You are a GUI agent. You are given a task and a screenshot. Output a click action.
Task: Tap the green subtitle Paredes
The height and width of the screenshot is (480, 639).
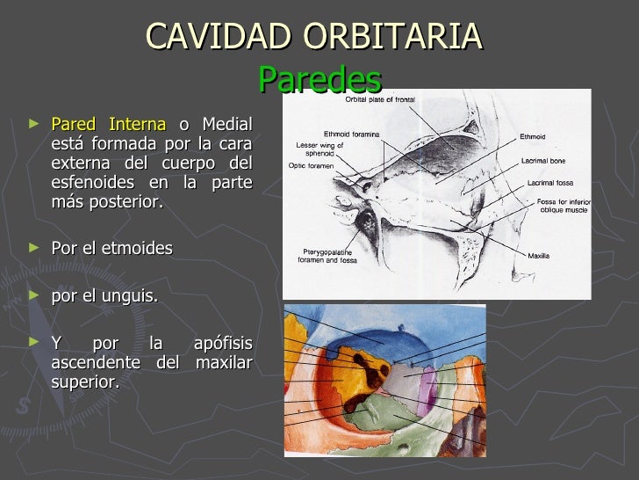(x=320, y=80)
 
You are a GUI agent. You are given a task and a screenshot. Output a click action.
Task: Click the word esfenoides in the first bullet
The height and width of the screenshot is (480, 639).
(x=90, y=182)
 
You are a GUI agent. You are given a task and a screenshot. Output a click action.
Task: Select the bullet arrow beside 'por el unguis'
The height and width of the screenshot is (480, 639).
(x=34, y=295)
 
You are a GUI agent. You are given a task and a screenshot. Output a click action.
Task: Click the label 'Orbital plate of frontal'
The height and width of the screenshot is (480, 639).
(x=380, y=99)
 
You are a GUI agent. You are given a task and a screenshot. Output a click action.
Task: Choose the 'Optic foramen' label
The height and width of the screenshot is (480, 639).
(x=310, y=164)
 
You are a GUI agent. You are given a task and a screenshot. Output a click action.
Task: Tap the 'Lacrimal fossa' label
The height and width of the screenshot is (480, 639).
(x=549, y=183)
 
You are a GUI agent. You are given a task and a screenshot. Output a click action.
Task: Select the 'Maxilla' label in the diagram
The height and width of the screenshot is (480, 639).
(x=538, y=256)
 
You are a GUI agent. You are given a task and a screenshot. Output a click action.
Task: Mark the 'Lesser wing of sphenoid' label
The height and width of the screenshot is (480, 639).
(x=319, y=148)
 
